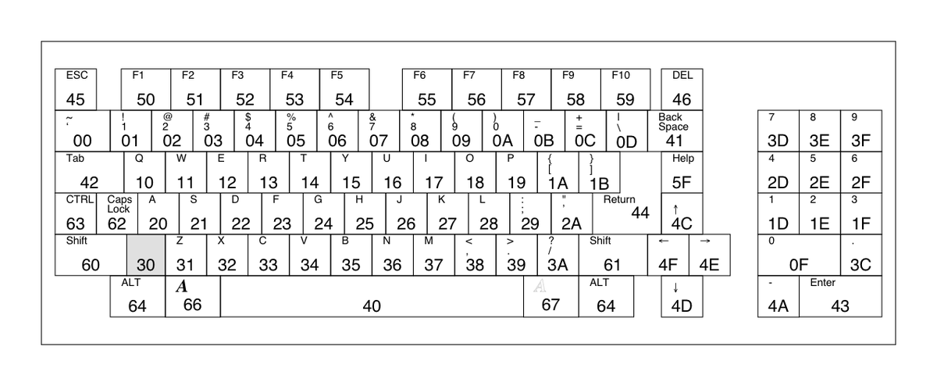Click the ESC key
76,90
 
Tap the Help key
682,172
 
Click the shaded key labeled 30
146,254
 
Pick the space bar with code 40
372,296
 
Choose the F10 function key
625,90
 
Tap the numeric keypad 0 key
798,254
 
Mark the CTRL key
80,213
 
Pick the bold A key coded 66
192,296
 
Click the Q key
144,172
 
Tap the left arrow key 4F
668,254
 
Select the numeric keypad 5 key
819,172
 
